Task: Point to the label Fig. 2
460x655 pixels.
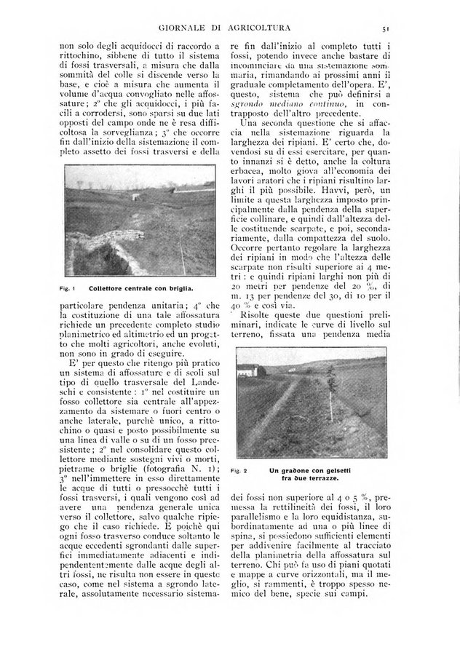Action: (241, 471)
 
